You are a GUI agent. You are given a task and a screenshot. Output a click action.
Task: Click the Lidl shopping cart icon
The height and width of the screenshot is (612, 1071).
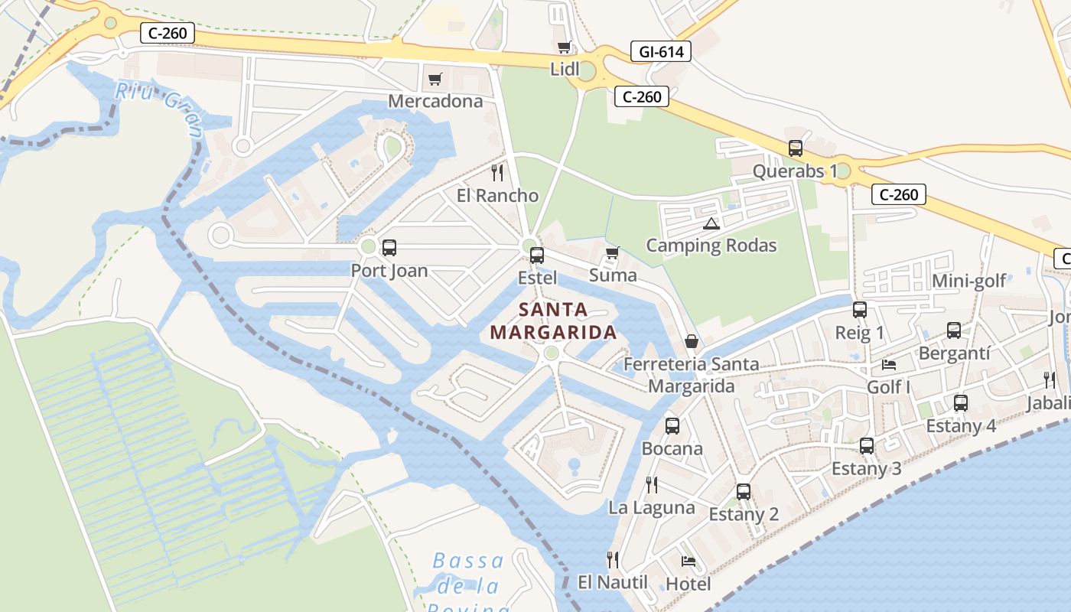564,47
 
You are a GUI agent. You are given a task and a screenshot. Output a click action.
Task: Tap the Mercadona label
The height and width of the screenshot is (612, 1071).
435,101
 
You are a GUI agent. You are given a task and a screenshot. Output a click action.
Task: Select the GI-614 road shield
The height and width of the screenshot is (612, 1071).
661,51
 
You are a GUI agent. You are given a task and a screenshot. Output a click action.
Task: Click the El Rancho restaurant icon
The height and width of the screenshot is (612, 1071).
497,172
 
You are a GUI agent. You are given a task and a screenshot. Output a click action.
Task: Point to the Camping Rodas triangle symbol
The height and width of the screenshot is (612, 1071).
711,223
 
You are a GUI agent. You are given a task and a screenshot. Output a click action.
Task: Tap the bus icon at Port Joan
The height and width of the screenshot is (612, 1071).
389,247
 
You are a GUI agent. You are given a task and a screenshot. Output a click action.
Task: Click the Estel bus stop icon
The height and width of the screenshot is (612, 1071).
537,255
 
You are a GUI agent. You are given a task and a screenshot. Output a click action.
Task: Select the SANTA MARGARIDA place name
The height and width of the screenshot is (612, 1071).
553,321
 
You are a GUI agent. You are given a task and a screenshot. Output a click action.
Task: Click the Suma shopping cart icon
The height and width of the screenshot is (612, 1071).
612,252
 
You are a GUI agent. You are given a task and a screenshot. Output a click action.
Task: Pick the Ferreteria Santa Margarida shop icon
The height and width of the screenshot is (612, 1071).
692,341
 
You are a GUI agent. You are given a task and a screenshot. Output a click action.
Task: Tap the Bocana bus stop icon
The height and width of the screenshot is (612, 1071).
672,425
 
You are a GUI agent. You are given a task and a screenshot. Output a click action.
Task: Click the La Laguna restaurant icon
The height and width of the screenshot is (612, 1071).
652,484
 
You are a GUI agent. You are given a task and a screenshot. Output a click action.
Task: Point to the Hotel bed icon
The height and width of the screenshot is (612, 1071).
688,561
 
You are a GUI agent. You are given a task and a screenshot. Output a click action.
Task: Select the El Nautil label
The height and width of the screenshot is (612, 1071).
612,582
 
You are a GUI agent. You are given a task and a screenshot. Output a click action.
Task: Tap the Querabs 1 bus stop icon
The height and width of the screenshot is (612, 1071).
796,148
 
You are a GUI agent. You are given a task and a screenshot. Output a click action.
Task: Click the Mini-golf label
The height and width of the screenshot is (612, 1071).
968,281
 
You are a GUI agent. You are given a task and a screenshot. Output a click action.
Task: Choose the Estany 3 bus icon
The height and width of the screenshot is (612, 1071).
867,445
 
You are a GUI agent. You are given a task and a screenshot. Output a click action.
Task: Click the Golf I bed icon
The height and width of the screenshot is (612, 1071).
889,364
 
